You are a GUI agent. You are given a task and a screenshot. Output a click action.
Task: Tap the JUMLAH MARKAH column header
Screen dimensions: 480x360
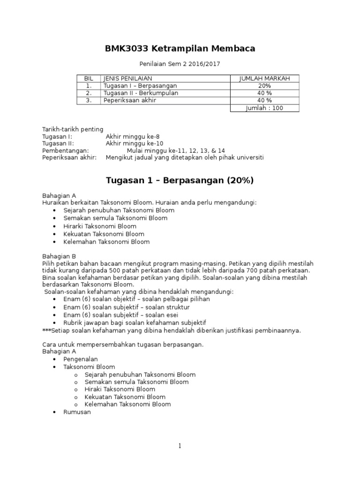click(264, 78)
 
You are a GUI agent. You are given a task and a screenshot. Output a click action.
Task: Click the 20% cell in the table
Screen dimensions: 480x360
click(264, 86)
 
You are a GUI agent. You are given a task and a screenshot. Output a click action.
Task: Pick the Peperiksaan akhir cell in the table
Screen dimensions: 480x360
click(130, 100)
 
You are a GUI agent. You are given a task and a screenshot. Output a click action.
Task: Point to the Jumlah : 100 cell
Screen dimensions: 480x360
click(264, 108)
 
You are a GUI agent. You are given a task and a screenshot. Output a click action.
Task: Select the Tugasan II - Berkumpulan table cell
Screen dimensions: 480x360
click(141, 93)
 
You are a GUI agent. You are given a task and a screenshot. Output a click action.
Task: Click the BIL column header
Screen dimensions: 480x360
click(89, 78)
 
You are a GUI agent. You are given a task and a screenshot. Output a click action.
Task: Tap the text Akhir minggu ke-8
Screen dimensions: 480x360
click(129, 136)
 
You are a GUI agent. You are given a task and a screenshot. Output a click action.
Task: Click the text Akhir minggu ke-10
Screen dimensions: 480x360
click(131, 143)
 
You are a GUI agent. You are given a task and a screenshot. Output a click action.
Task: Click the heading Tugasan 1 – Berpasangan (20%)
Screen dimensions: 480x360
click(180, 180)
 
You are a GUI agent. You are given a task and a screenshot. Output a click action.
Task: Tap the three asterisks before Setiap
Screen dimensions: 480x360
click(46, 330)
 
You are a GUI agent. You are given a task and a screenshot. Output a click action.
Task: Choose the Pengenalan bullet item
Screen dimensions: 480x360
click(81, 359)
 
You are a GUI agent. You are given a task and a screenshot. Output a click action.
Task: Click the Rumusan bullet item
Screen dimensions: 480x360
click(77, 412)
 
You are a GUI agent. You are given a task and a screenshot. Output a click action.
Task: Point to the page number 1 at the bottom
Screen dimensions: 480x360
click(180, 446)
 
